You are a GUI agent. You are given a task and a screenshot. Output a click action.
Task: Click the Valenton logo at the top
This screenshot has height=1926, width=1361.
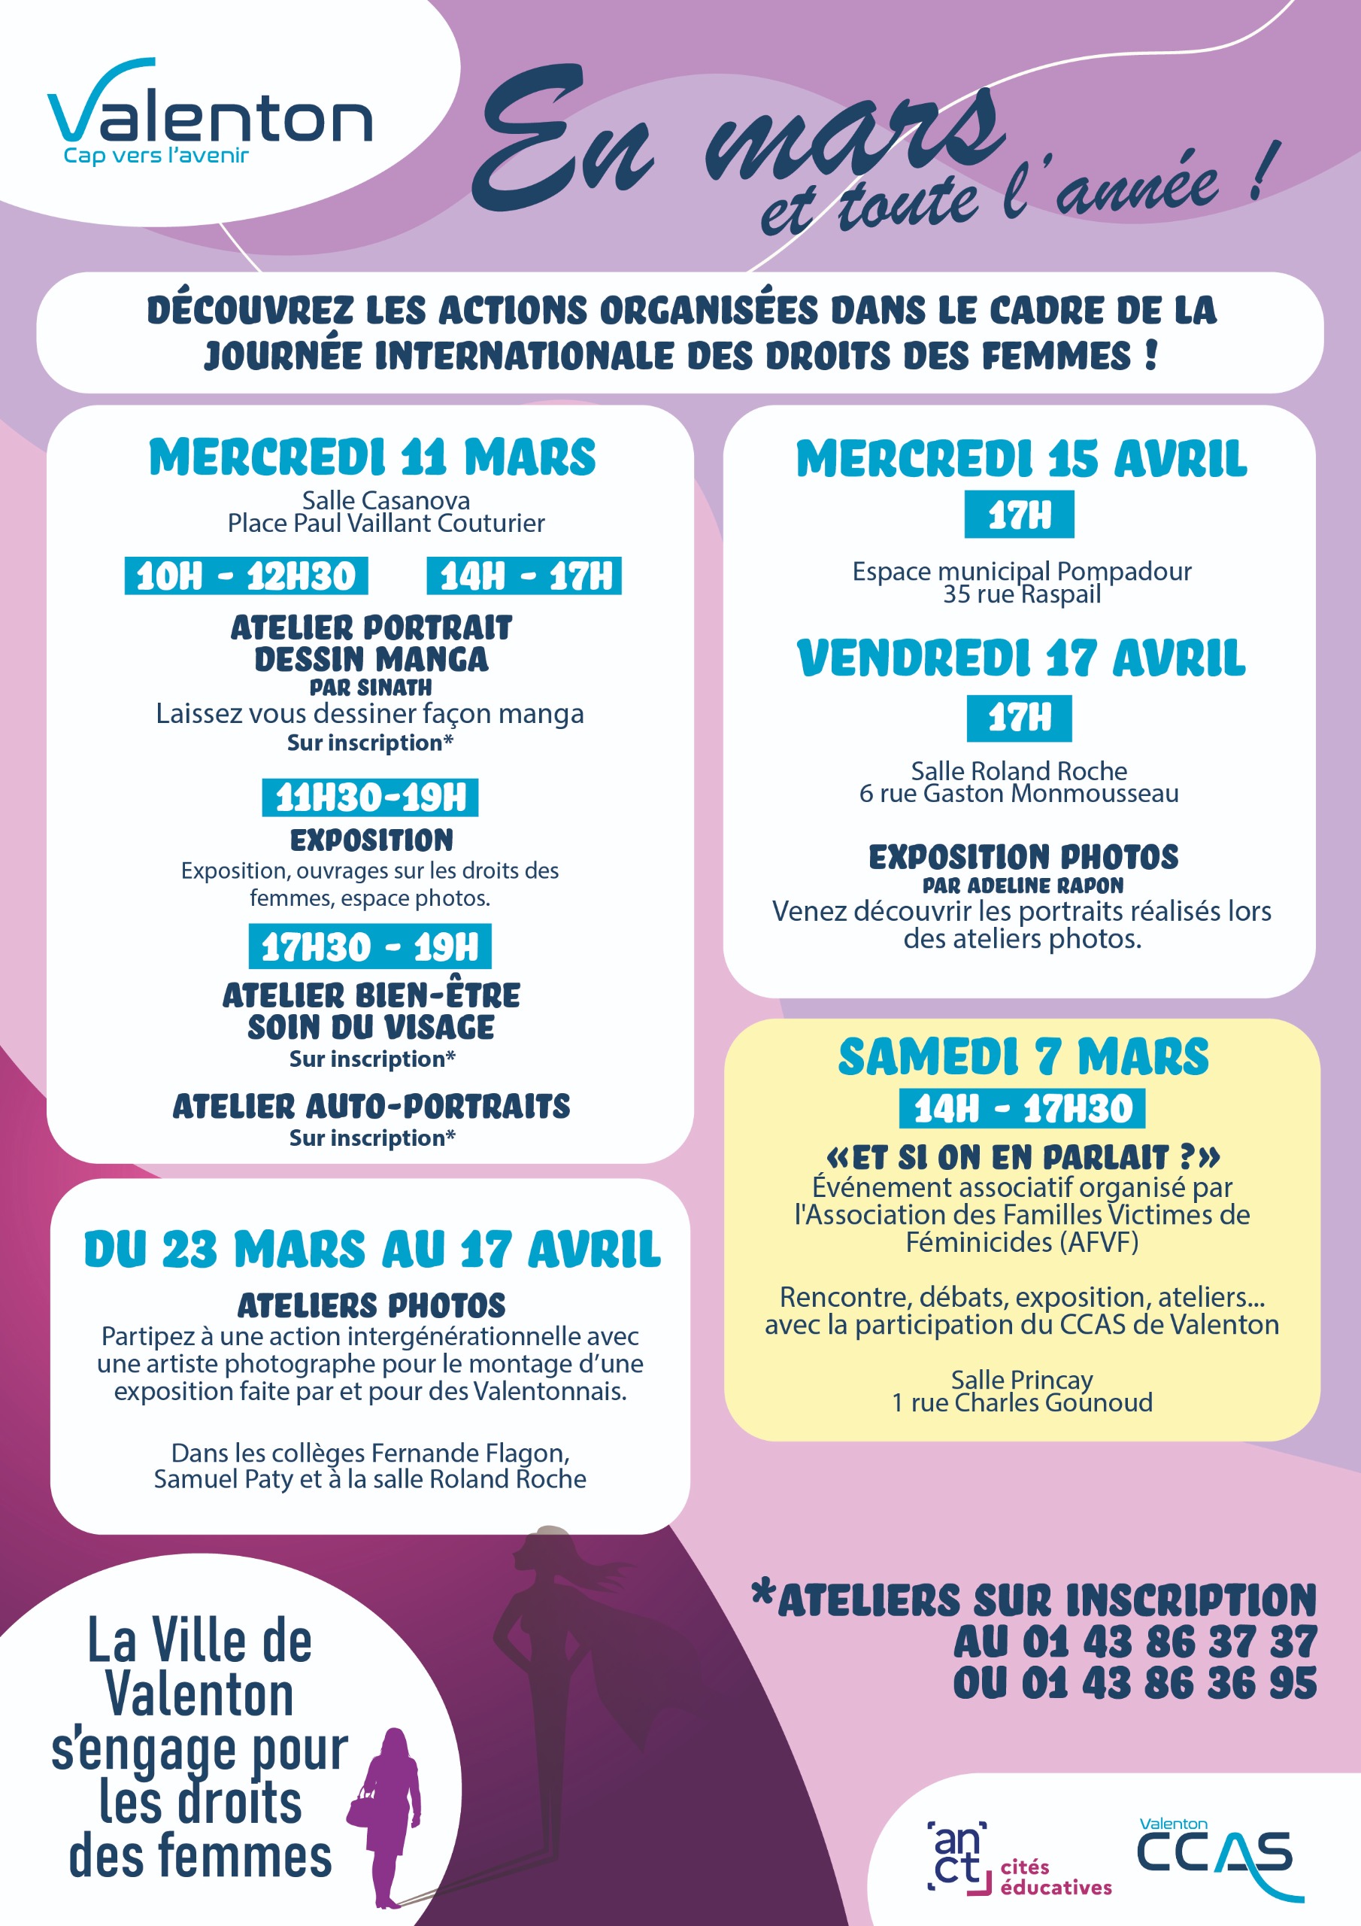[210, 114]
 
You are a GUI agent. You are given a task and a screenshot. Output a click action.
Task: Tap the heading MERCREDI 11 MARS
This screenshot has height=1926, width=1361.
[372, 458]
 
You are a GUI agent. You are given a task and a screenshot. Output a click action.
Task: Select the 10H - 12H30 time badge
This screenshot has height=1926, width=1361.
[246, 576]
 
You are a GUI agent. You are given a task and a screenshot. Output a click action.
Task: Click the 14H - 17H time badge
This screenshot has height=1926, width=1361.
[524, 576]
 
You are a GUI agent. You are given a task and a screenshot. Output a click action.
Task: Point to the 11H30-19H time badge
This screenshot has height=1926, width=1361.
[370, 797]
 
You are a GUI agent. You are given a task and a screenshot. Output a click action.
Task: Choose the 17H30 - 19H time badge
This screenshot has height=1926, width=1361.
[370, 947]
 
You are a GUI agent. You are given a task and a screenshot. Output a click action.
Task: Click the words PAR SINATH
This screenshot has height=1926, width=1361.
[371, 688]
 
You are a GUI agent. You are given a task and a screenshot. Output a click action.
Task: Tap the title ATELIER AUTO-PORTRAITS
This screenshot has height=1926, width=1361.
[371, 1107]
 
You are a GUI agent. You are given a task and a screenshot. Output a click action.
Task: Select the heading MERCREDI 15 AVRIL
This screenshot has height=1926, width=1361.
[1020, 460]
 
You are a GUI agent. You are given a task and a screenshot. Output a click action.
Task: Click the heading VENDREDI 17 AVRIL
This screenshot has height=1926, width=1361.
[1020, 658]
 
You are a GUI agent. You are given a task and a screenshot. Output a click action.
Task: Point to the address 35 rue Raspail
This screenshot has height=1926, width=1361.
[1021, 595]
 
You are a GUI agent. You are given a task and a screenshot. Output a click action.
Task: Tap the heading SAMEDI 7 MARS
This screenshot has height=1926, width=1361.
[1023, 1057]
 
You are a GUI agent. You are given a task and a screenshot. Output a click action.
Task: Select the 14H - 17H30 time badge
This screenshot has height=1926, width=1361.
[1022, 1109]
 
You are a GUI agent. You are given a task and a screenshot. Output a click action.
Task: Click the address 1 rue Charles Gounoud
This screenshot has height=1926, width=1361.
[1021, 1402]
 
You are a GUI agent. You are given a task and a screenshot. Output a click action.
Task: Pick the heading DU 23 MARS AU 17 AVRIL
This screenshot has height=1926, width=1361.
[372, 1250]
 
